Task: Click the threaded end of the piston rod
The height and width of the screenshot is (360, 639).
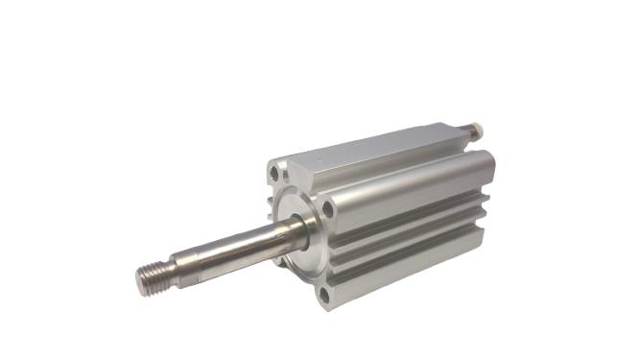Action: point(152,277)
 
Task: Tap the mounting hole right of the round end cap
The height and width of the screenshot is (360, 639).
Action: point(329,207)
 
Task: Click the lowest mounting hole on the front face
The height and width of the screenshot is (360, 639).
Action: point(324,294)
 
